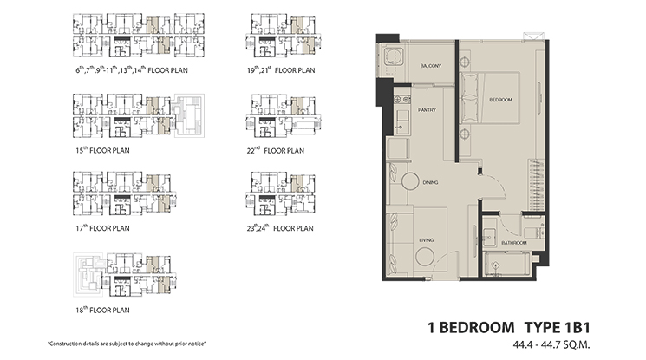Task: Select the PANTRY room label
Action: coord(426,110)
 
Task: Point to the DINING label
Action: coord(430,183)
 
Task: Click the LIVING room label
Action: coord(426,239)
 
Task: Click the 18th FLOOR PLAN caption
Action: coord(102,310)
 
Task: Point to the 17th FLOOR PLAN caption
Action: coord(102,229)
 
